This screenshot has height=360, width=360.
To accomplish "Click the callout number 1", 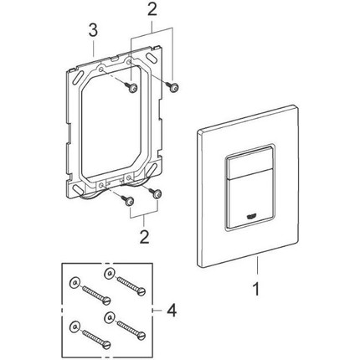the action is pos(256,290).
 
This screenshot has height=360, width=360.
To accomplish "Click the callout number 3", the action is pos(93,30).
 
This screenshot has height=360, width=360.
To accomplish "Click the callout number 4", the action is pos(172,311).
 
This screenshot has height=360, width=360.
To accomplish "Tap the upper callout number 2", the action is pos(152,10).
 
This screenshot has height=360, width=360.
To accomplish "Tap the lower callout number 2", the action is pos(144,237).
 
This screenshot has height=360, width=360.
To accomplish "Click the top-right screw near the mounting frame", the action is pos(172,87).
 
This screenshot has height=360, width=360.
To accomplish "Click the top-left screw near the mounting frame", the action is pos(131,87).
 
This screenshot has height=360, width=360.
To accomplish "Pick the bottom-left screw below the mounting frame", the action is pos(127,201).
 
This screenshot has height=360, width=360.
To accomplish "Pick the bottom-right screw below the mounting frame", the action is pos(155,193).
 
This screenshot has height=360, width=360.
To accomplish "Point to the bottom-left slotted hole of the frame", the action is pos(79,189).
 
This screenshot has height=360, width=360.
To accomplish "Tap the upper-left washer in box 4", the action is pos(75,283).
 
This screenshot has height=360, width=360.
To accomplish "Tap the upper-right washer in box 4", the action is pos(109,273).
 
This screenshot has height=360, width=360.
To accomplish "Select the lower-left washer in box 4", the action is pos(75,327).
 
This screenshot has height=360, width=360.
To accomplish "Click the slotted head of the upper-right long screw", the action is pos(142,291).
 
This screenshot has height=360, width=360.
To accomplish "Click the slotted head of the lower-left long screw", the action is pos(107,344).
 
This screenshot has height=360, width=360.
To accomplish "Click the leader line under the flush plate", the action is pos(257,265).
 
